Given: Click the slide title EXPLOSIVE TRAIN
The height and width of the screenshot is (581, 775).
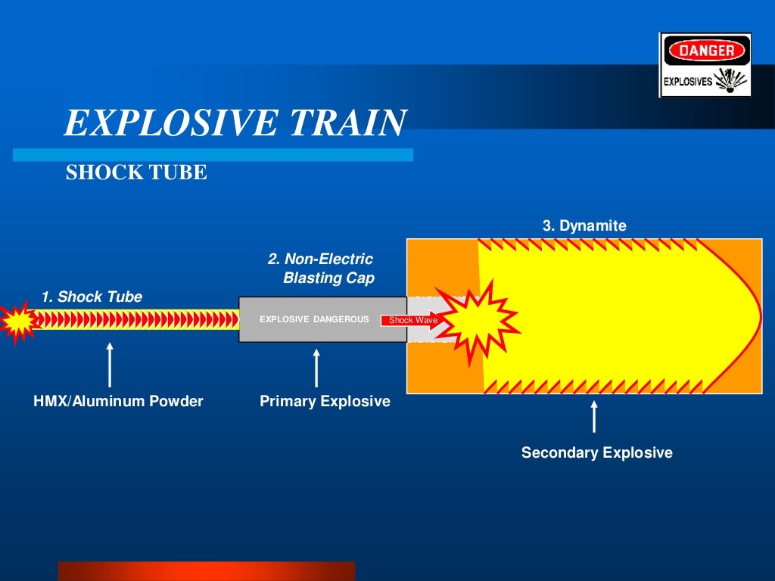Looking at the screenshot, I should click(x=235, y=123).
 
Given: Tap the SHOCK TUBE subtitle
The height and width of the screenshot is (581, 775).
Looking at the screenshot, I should click(x=136, y=173).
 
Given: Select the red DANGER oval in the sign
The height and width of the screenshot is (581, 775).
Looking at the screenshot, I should click(x=705, y=51).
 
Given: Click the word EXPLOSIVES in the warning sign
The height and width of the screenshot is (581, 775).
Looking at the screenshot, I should click(x=687, y=82).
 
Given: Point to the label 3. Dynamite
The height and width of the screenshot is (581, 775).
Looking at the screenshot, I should click(x=584, y=225).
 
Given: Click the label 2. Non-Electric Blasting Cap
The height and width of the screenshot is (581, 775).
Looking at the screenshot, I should click(x=321, y=269).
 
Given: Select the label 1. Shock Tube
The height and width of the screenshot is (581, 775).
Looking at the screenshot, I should click(x=92, y=297).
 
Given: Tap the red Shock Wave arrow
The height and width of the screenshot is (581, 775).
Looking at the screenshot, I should click(x=409, y=320).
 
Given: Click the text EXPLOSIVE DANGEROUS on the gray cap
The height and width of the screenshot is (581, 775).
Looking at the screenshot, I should click(x=314, y=319).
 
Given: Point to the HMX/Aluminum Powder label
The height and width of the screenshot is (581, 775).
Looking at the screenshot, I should click(x=118, y=401).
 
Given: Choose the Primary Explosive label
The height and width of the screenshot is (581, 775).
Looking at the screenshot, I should click(x=325, y=401).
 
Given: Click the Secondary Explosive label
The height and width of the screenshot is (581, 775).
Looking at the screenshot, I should click(x=596, y=453).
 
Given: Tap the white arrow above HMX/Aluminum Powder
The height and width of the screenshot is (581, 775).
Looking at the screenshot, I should click(x=110, y=365).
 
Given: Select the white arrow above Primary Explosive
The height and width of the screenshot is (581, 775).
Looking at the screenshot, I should click(x=316, y=368).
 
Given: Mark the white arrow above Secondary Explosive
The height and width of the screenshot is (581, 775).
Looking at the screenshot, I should click(x=594, y=417).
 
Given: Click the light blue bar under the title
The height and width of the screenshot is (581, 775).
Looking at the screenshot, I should click(x=213, y=155).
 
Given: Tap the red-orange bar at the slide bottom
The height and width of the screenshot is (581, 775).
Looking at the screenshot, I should click(x=206, y=570).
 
